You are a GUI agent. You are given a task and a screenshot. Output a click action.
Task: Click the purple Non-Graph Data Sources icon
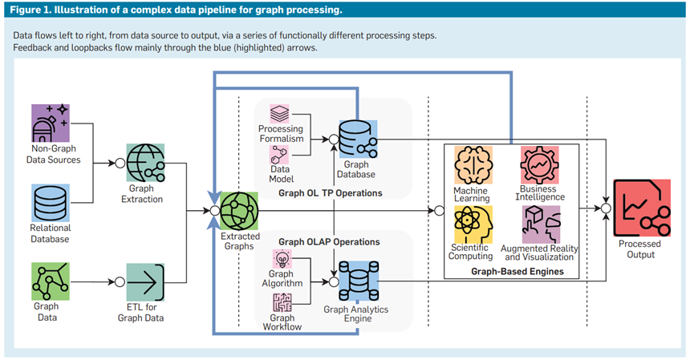(x=51, y=123)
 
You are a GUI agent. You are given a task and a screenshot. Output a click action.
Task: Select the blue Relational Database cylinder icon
(x=51, y=203)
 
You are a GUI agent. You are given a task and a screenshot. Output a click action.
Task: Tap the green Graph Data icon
(x=51, y=281)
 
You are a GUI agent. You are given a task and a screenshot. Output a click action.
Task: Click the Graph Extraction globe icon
(x=146, y=163)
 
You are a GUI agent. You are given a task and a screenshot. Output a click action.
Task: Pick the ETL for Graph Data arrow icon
(x=145, y=282)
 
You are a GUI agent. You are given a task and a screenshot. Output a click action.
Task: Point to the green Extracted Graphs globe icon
(x=239, y=211)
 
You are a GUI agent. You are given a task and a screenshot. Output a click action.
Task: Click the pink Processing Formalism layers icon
(x=279, y=114)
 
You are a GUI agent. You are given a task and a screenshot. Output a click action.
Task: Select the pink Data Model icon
(x=279, y=155)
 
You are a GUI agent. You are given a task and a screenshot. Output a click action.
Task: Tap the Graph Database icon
(x=358, y=139)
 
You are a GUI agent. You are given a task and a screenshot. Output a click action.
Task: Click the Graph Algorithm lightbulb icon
(x=282, y=259)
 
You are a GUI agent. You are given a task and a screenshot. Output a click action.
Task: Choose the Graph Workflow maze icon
(x=282, y=302)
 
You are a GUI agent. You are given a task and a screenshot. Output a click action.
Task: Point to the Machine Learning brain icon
(x=473, y=165)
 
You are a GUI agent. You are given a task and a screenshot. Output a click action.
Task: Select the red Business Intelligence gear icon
(x=539, y=165)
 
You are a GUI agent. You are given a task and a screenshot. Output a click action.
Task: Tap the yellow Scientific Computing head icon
(x=473, y=224)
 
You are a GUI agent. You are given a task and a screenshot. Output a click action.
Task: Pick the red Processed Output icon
(x=642, y=208)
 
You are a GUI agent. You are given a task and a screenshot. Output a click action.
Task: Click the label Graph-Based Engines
(x=517, y=271)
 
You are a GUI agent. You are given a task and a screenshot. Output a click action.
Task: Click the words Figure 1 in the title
(x=29, y=10)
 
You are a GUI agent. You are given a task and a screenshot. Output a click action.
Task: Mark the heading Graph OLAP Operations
(x=329, y=242)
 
